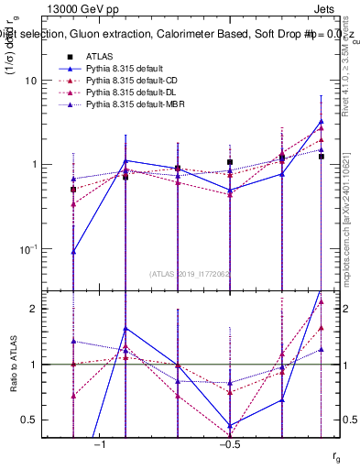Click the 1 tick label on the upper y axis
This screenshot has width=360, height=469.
click(32, 165)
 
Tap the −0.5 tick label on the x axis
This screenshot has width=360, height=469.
click(229, 444)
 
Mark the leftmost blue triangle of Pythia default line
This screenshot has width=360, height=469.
click(73, 251)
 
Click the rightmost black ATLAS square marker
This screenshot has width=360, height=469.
click(321, 157)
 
